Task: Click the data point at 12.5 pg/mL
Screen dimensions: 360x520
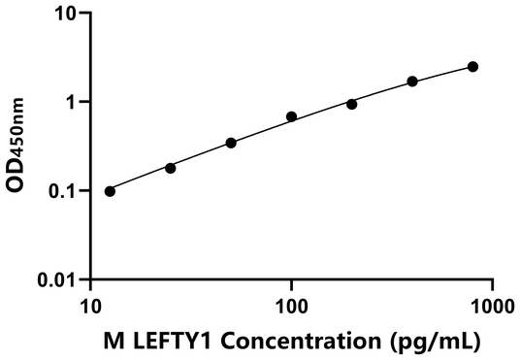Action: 110,191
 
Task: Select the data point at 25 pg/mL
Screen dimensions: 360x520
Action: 171,168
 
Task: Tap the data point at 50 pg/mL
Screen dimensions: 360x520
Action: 231,143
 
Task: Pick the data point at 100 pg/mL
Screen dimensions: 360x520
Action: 291,116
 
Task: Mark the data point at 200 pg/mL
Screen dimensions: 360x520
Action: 351,104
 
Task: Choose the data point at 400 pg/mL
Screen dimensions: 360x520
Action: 412,82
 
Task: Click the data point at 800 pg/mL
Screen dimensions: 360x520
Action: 472,66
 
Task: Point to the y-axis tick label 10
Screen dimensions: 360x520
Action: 65,14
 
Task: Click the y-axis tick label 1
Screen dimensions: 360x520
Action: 71,102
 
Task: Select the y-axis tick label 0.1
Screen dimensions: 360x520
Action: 62,191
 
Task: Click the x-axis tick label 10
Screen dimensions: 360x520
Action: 90,305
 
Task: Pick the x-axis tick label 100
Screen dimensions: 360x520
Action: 291,305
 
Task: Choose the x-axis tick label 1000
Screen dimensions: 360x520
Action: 492,305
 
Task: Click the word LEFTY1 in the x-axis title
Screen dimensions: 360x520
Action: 178,341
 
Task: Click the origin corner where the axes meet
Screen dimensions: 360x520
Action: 90,280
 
